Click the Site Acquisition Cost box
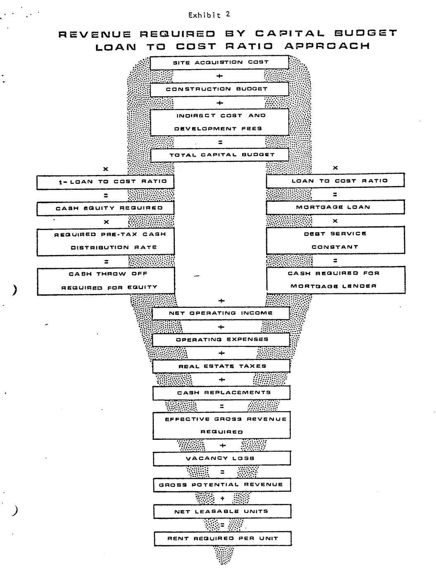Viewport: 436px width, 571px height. [219, 62]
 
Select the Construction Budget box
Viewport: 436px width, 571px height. [219, 89]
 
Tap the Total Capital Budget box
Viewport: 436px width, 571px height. [219, 155]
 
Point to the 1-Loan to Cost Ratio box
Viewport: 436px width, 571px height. [105, 181]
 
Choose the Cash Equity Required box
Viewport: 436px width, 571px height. [105, 208]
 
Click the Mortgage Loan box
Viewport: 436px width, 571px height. [335, 207]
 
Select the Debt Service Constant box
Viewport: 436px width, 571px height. [335, 240]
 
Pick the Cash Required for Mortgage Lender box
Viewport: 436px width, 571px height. [336, 280]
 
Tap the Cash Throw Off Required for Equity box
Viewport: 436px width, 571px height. [106, 281]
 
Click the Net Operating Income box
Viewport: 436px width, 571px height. [221, 313]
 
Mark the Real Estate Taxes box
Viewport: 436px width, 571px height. [221, 366]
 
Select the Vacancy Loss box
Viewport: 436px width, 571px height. [222, 458]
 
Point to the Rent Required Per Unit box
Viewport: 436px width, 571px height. [222, 539]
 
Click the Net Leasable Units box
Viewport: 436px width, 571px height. [222, 511]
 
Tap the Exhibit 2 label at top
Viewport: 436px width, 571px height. [209, 15]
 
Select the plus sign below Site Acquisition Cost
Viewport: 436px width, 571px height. [219, 76]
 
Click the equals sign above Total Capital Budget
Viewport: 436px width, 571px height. [220, 142]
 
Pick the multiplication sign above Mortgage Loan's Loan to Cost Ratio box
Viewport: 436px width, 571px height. [335, 168]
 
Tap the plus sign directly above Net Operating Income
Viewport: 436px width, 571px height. [221, 300]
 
